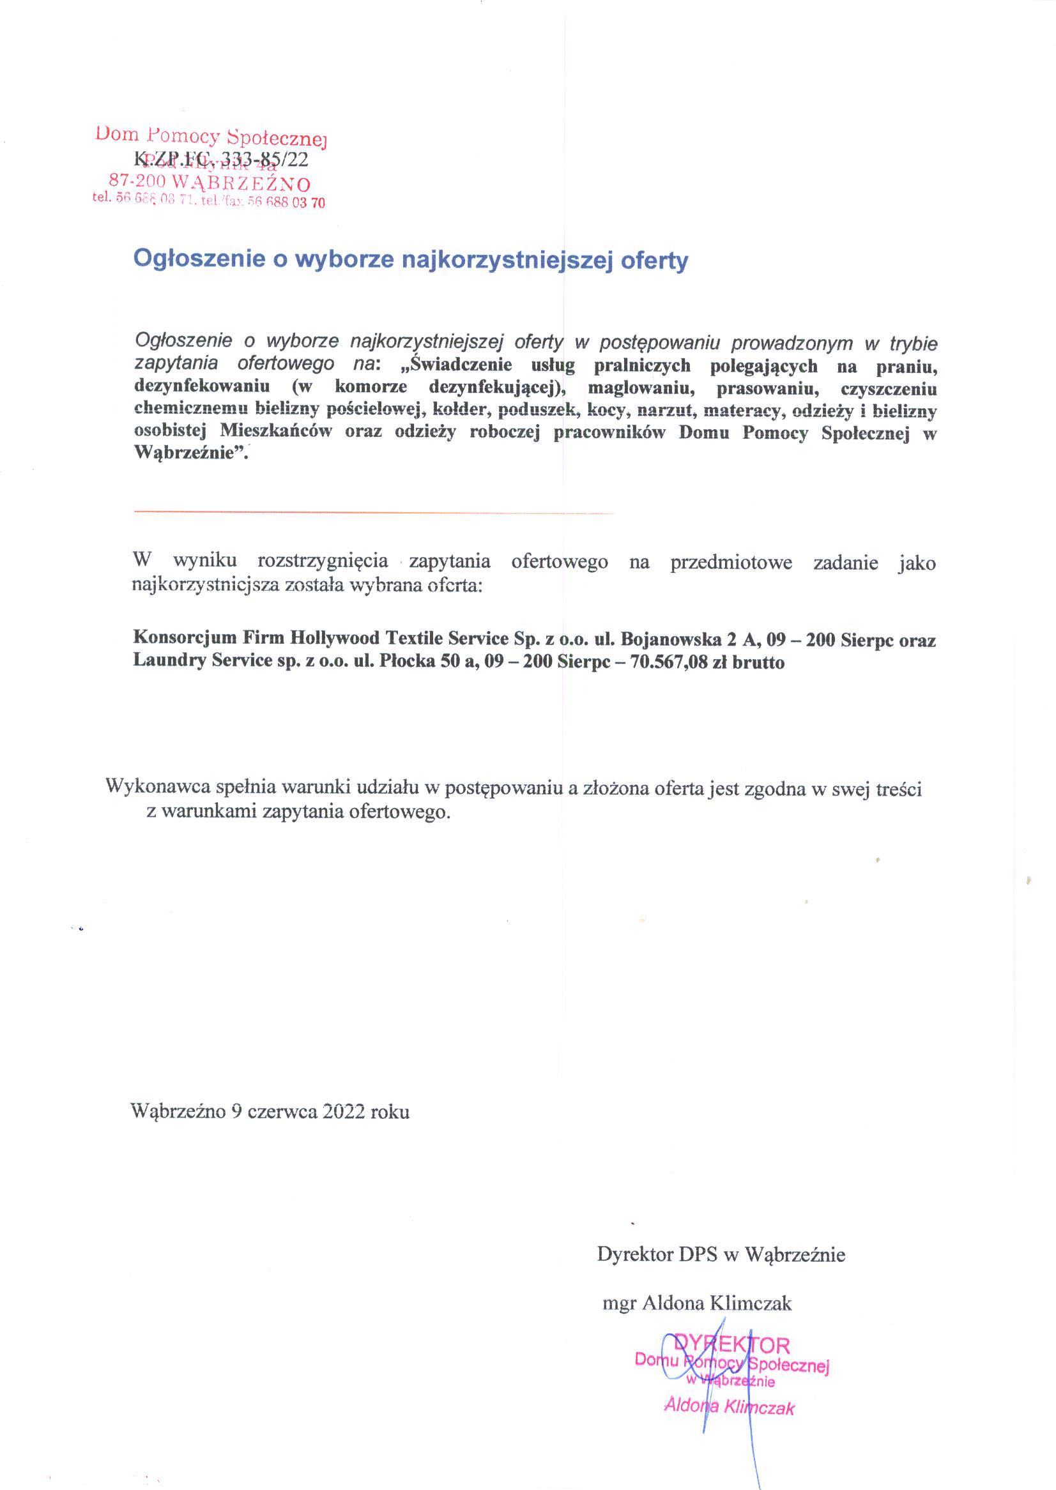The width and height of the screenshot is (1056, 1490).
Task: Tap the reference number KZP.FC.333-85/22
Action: tap(221, 159)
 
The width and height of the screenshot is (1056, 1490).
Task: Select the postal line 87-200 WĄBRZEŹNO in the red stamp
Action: tap(209, 183)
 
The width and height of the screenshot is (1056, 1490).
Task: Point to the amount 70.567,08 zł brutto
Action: tap(703, 662)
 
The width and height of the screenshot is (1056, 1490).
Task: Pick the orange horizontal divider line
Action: tap(374, 513)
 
